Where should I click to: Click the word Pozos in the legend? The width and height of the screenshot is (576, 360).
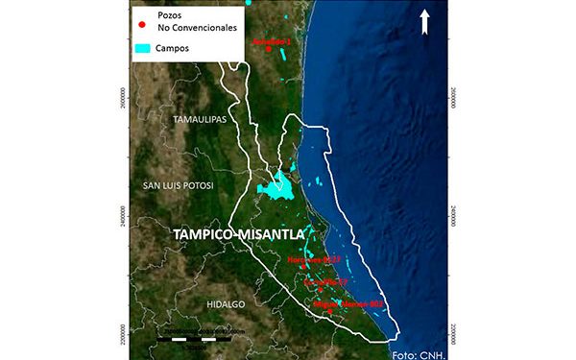tap(173, 16)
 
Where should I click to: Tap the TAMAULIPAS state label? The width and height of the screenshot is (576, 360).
tap(198, 120)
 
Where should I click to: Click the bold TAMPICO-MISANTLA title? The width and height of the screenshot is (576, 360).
tap(236, 234)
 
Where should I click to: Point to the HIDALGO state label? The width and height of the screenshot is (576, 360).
tap(227, 303)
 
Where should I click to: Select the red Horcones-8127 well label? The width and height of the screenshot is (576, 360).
tap(314, 260)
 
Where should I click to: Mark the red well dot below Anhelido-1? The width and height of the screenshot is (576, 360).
tap(269, 51)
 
